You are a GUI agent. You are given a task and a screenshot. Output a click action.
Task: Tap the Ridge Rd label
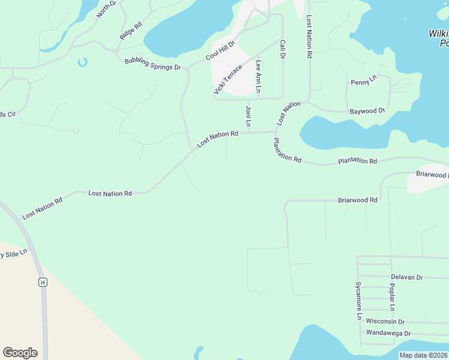(130, 31)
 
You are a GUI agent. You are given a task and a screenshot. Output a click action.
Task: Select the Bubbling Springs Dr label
(152, 64)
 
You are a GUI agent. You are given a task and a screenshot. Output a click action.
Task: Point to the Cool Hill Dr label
(220, 48)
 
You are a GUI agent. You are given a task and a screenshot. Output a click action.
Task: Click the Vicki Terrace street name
(228, 79)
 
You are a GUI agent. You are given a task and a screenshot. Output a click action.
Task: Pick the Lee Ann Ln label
(259, 76)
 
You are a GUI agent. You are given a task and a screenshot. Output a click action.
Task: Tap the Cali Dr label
(281, 49)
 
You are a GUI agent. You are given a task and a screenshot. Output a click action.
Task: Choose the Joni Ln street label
(248, 116)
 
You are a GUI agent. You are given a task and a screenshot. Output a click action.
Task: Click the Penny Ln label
(363, 79)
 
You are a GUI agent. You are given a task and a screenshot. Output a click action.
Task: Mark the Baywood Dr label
(367, 111)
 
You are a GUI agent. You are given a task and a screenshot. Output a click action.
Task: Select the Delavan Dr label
(407, 277)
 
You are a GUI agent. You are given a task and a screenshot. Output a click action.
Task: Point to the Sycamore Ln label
(358, 299)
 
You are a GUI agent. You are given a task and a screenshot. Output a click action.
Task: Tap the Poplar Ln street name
(391, 298)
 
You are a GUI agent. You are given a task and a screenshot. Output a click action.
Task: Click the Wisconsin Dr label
(385, 322)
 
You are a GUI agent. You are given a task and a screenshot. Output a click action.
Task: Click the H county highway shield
(43, 282)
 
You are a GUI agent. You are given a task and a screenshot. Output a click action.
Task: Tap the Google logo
(20, 353)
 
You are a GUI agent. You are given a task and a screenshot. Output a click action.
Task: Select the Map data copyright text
(423, 355)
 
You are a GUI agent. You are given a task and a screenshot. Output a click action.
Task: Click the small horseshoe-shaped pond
(82, 62)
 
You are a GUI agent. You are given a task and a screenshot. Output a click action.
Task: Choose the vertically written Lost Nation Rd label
(309, 37)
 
